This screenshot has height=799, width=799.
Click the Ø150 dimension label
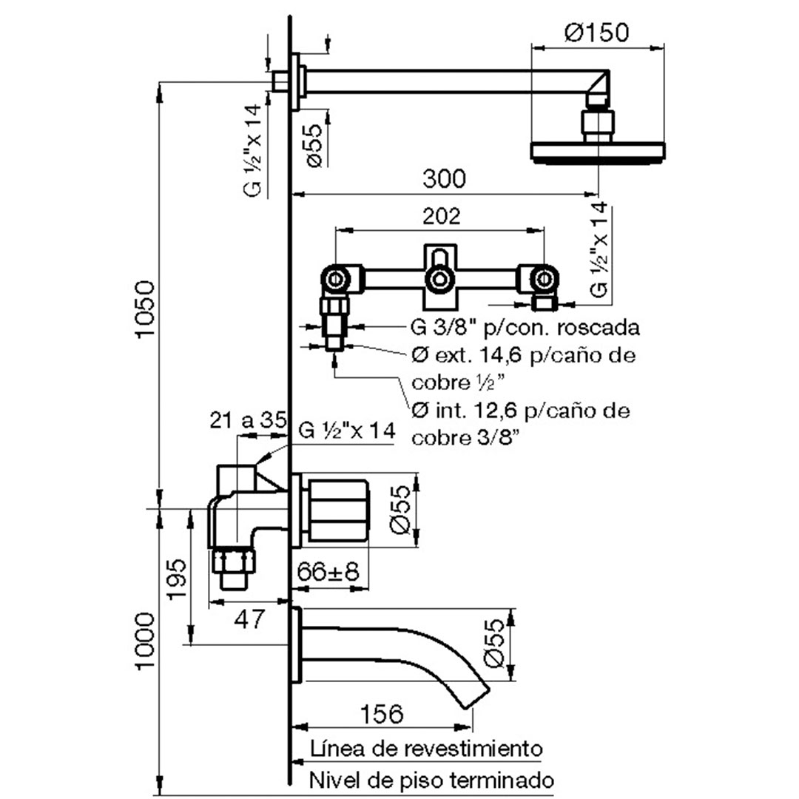597,32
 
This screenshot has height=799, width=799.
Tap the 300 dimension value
445,179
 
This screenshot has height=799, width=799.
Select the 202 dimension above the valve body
441,216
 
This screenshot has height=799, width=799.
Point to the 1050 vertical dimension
144,309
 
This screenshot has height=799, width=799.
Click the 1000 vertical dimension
145,641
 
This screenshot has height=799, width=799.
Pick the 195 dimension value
177,579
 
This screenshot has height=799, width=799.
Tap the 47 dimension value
250,618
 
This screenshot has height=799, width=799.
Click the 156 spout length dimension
382,714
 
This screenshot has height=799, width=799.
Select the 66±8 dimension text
328,571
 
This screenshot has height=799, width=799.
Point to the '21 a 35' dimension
248,420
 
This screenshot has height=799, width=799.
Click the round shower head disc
599,152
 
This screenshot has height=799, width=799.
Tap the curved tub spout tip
477,698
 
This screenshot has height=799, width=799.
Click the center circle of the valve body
439,279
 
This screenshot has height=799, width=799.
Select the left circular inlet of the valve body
335,279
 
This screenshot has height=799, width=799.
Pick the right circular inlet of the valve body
545,279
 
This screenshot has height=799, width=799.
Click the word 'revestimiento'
473,749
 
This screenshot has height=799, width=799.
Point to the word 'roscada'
599,328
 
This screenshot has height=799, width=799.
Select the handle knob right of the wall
338,510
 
